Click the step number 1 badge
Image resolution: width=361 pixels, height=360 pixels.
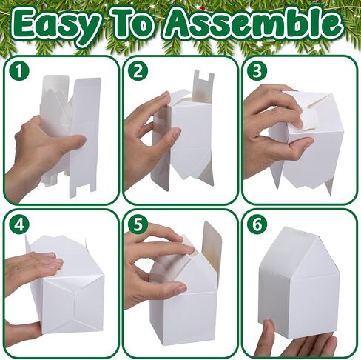(19, 70)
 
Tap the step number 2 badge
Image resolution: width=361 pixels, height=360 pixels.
(138, 70)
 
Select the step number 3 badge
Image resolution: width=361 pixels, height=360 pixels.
(257, 70)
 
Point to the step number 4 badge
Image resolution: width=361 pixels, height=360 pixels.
(19, 224)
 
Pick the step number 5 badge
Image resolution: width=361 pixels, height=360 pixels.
(138, 224)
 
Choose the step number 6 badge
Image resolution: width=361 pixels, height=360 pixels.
(257, 224)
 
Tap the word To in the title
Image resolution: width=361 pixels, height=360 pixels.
(134, 24)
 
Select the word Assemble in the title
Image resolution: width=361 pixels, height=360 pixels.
(254, 24)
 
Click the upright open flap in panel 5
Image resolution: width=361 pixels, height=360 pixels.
(212, 243)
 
